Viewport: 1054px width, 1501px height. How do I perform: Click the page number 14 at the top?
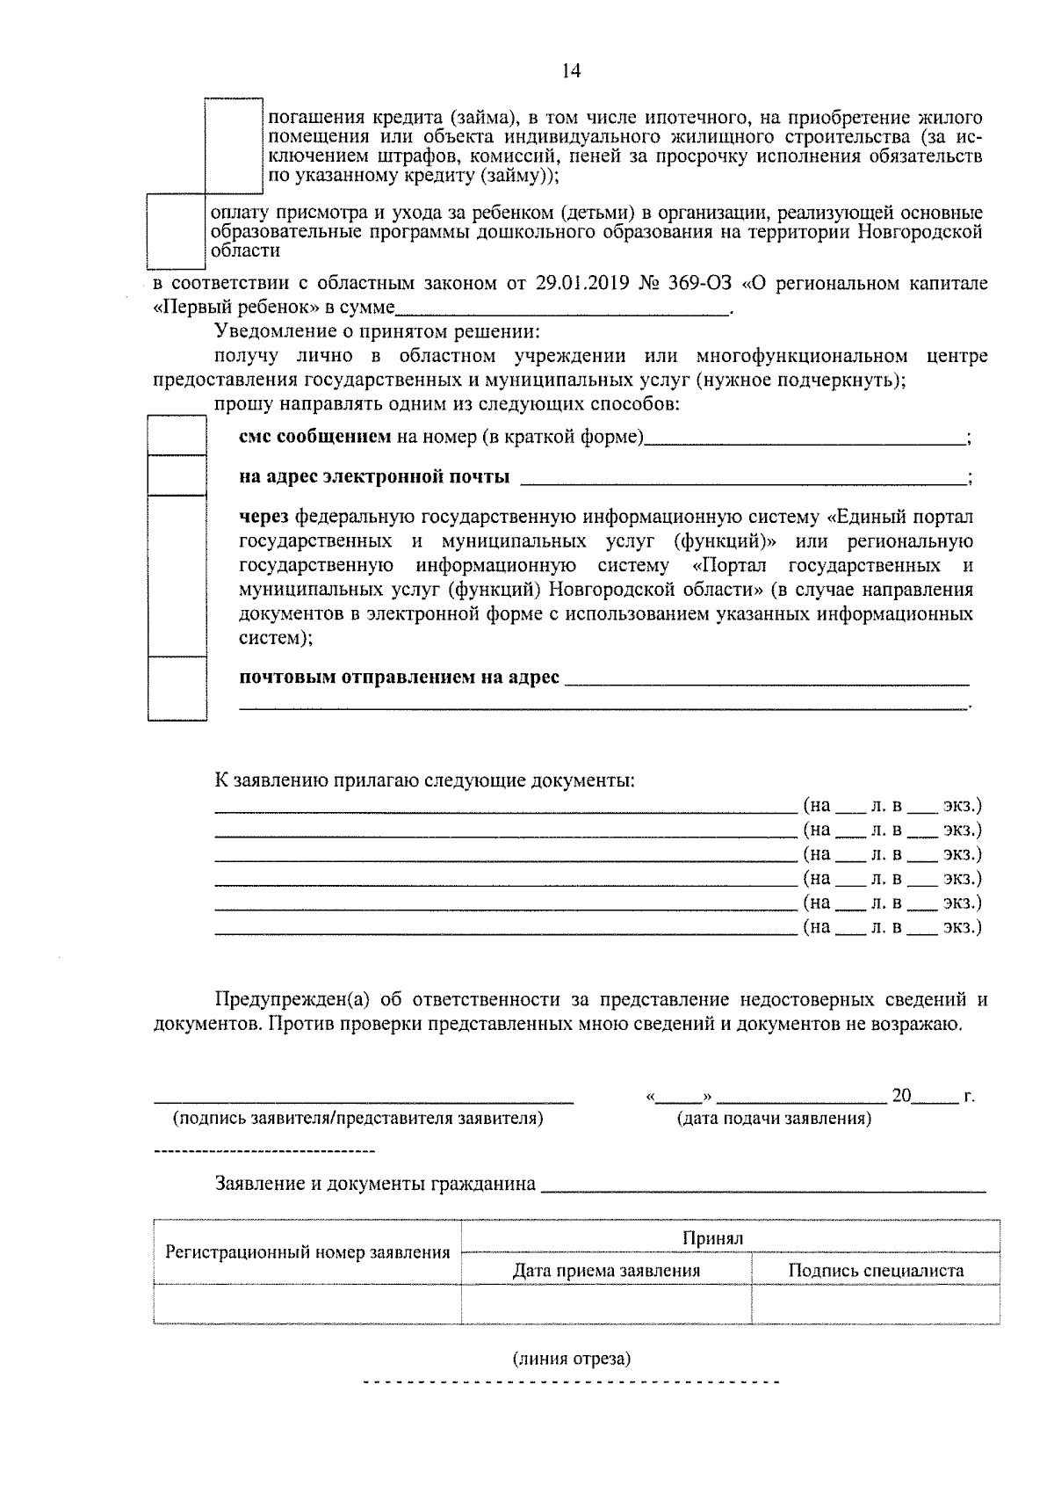pos(571,71)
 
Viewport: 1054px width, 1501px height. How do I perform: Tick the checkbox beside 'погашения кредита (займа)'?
pos(234,146)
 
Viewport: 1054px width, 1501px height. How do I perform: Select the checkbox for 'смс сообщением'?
pos(177,437)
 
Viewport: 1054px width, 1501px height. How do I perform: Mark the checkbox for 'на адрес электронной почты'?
pos(177,475)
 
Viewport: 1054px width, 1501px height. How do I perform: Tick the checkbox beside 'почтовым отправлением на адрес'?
pos(177,688)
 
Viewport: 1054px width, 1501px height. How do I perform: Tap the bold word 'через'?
pos(264,517)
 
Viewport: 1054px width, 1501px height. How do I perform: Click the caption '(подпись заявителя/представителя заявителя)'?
pos(358,1119)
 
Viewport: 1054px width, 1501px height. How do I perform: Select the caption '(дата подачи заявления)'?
pos(774,1119)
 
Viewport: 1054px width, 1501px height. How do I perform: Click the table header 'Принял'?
pos(713,1237)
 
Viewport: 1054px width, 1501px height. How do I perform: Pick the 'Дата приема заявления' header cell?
pos(606,1270)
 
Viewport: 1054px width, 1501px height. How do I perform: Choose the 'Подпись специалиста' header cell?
pos(876,1270)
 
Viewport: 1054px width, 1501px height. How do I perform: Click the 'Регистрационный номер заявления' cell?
pos(307,1252)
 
